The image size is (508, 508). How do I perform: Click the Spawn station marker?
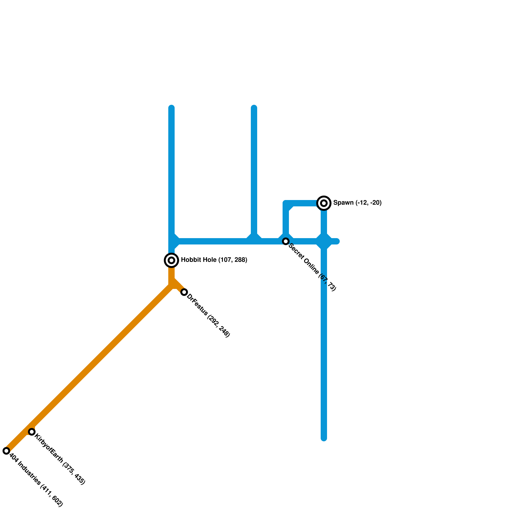pos(324,203)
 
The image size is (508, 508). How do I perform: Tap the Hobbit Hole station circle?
pos(171,260)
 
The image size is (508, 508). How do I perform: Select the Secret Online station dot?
pos(286,241)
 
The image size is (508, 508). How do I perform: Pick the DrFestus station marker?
pos(184,292)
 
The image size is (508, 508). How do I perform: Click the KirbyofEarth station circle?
pos(32,431)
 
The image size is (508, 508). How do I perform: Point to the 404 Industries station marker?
pos(6,451)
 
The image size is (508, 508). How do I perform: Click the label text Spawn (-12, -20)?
pos(357,203)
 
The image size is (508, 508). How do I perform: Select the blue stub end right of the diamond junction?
pos(337,241)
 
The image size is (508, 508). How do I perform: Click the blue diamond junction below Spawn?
pos(324,241)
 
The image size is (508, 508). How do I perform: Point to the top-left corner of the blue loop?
pos(286,203)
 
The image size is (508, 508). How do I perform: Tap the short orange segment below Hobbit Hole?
pos(171,273)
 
